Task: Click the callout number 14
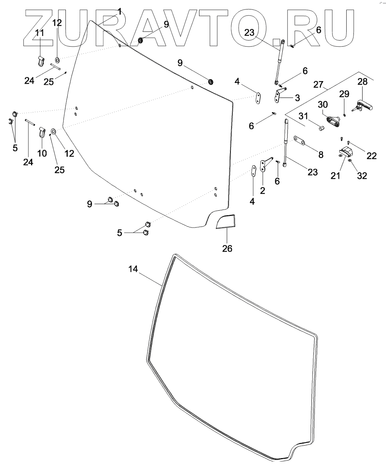click(x=133, y=269)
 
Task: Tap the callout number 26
click(x=227, y=249)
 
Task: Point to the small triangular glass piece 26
click(x=226, y=222)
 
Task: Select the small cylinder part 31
click(x=321, y=128)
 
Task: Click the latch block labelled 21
click(x=345, y=151)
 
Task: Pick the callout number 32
click(x=362, y=176)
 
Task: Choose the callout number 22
click(x=372, y=155)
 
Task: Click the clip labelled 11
click(x=41, y=60)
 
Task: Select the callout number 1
click(x=119, y=12)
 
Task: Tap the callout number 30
click(x=322, y=104)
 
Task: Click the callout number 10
click(x=42, y=153)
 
